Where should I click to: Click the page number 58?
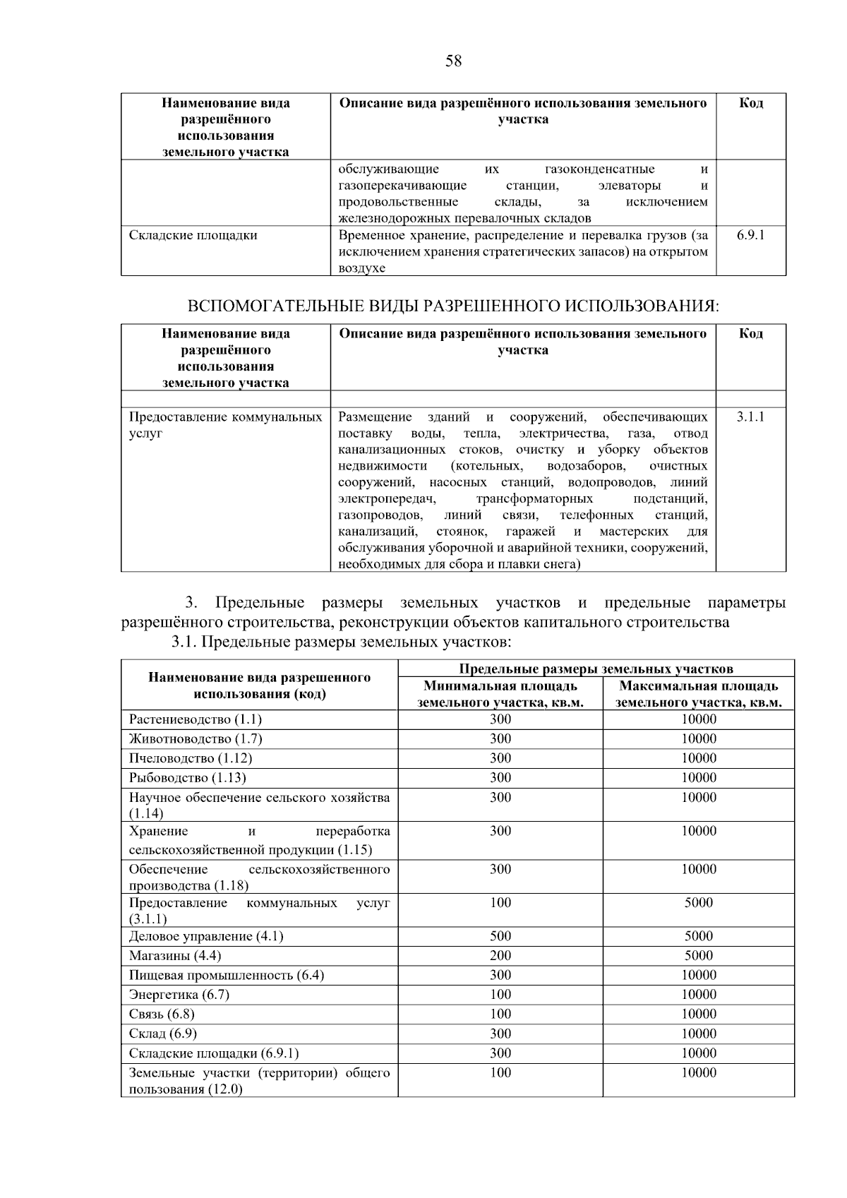(x=453, y=61)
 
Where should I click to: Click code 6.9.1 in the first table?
(x=750, y=235)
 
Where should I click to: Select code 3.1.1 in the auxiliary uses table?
(x=750, y=417)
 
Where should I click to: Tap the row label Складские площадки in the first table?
(x=193, y=235)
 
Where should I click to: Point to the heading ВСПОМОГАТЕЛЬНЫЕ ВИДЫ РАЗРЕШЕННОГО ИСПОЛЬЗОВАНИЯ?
(x=452, y=306)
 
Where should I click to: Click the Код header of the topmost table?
(x=750, y=103)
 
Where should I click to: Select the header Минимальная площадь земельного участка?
(x=500, y=694)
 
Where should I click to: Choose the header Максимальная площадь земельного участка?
(x=698, y=694)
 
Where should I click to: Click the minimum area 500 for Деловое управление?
(x=500, y=936)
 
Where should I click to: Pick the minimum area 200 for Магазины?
(x=500, y=955)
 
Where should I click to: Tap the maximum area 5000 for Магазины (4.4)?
(x=698, y=955)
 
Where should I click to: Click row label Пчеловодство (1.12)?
(x=191, y=758)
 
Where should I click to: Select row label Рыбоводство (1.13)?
(x=188, y=777)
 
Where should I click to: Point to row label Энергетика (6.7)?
(x=179, y=994)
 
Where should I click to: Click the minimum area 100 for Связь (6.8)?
(x=500, y=1014)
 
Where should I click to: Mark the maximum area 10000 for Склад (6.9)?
(x=698, y=1034)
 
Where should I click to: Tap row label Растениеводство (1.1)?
(x=196, y=719)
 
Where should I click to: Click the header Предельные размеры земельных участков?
(x=596, y=669)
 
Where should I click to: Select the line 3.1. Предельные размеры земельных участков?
(x=341, y=642)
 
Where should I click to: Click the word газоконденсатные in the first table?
(x=599, y=169)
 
